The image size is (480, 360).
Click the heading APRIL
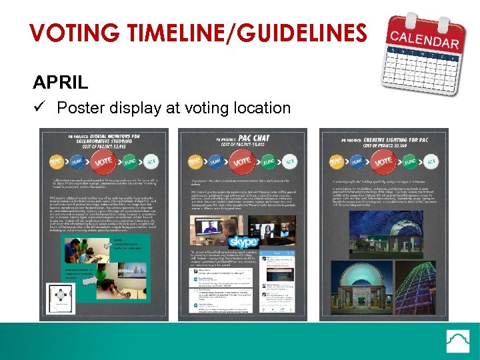60,83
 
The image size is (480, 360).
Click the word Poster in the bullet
80,107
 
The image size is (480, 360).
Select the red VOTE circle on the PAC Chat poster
242,161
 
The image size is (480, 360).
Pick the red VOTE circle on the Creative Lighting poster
383,161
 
